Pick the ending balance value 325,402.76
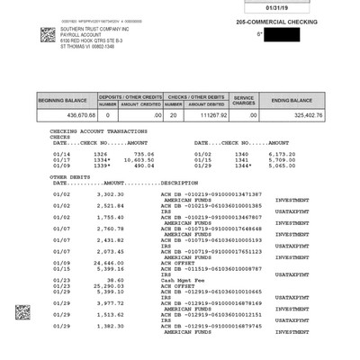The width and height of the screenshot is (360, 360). coord(301,114)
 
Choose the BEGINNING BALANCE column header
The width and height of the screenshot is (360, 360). coord(64,99)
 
